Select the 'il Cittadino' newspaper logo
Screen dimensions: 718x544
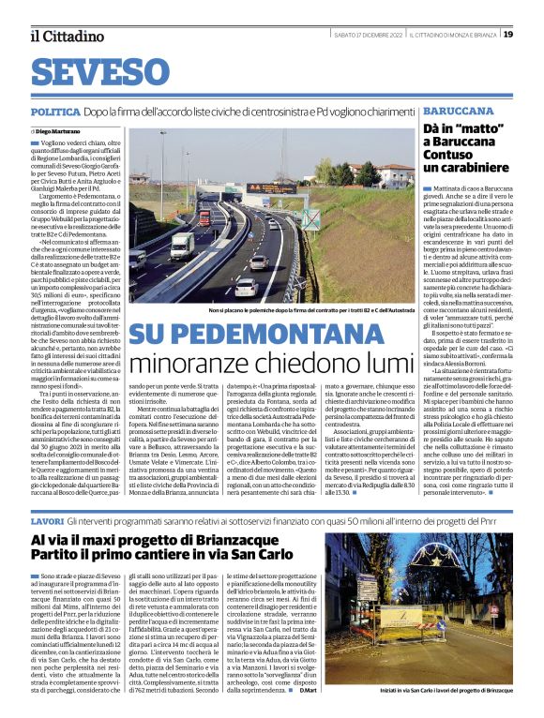point(67,36)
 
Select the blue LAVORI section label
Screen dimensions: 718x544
point(48,493)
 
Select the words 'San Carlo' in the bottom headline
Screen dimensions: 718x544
point(250,530)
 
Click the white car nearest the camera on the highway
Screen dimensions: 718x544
point(246,287)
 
